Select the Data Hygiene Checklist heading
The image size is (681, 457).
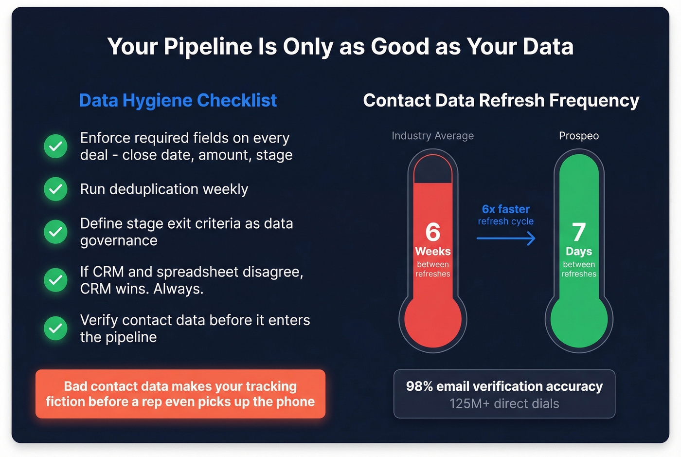(x=178, y=100)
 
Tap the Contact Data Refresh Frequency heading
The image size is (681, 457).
(x=501, y=100)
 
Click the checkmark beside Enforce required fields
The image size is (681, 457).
(x=56, y=146)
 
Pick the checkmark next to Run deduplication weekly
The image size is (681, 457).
(x=56, y=189)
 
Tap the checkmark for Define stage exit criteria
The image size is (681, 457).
(x=56, y=232)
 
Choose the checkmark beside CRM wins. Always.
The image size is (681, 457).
(x=56, y=280)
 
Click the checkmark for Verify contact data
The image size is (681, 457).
(x=56, y=329)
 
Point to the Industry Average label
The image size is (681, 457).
(x=432, y=136)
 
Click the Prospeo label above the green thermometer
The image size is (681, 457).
(x=579, y=136)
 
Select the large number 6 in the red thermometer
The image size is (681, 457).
(x=432, y=232)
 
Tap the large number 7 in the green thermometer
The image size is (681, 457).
(x=578, y=232)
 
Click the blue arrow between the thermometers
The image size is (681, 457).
(x=506, y=238)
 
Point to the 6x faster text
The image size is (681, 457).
(x=505, y=209)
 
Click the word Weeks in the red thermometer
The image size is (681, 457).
(x=432, y=252)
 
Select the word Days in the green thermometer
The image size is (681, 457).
(x=579, y=252)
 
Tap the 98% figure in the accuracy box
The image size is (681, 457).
(x=419, y=386)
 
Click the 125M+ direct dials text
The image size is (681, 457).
(x=504, y=404)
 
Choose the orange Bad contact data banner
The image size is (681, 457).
(x=180, y=394)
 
